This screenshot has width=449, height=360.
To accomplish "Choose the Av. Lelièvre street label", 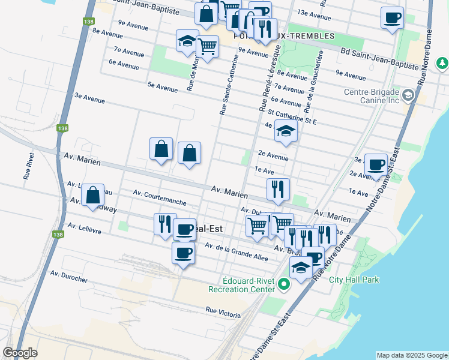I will point(85,229).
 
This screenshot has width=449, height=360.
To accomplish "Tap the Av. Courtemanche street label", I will point(160,198).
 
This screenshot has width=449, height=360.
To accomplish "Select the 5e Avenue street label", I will point(163,88).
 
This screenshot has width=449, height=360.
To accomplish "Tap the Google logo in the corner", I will point(20,353).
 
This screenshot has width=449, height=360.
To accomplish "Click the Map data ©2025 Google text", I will point(411,355).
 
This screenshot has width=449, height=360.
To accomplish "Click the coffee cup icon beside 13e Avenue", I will point(392,17).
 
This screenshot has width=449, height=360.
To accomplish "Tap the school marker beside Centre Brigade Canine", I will point(408,95).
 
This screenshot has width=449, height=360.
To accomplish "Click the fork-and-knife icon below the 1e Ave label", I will point(278,189).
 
